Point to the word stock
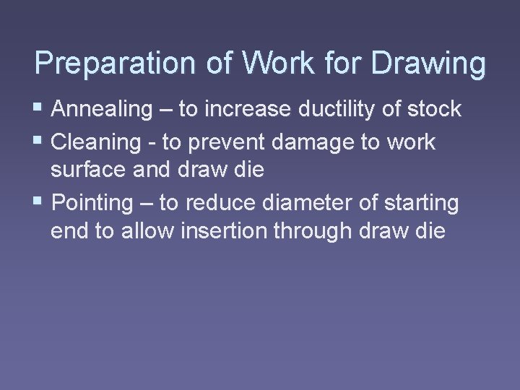431,109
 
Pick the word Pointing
93,203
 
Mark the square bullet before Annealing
39,109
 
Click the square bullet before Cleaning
39,142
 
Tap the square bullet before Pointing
39,203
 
